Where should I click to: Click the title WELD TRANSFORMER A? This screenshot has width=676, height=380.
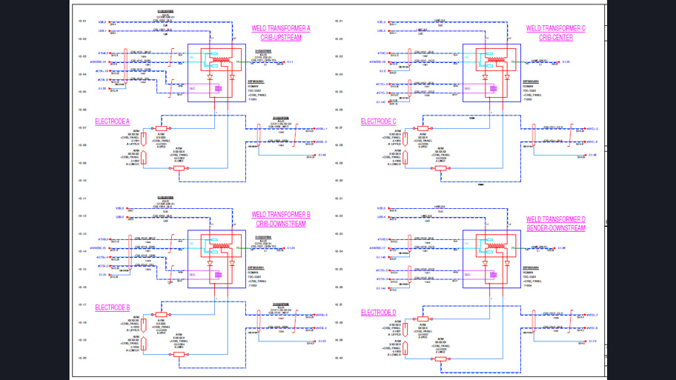pyautogui.click(x=281, y=28)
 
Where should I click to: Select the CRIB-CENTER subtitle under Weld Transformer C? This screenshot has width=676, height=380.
pyautogui.click(x=555, y=37)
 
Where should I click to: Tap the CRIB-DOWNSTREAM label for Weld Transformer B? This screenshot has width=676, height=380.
pyautogui.click(x=281, y=223)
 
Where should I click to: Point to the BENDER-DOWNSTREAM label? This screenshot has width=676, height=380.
pyautogui.click(x=555, y=228)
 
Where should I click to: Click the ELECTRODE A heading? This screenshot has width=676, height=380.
pyautogui.click(x=112, y=121)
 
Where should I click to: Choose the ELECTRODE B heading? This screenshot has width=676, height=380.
pyautogui.click(x=112, y=307)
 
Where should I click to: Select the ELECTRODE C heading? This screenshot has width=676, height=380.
pyautogui.click(x=378, y=121)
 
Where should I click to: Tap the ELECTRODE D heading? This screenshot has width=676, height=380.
pyautogui.click(x=378, y=313)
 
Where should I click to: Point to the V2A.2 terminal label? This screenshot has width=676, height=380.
pyautogui.click(x=101, y=22)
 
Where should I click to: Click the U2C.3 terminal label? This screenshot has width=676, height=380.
pyautogui.click(x=381, y=30)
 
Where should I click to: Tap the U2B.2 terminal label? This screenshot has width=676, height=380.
pyautogui.click(x=101, y=216)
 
